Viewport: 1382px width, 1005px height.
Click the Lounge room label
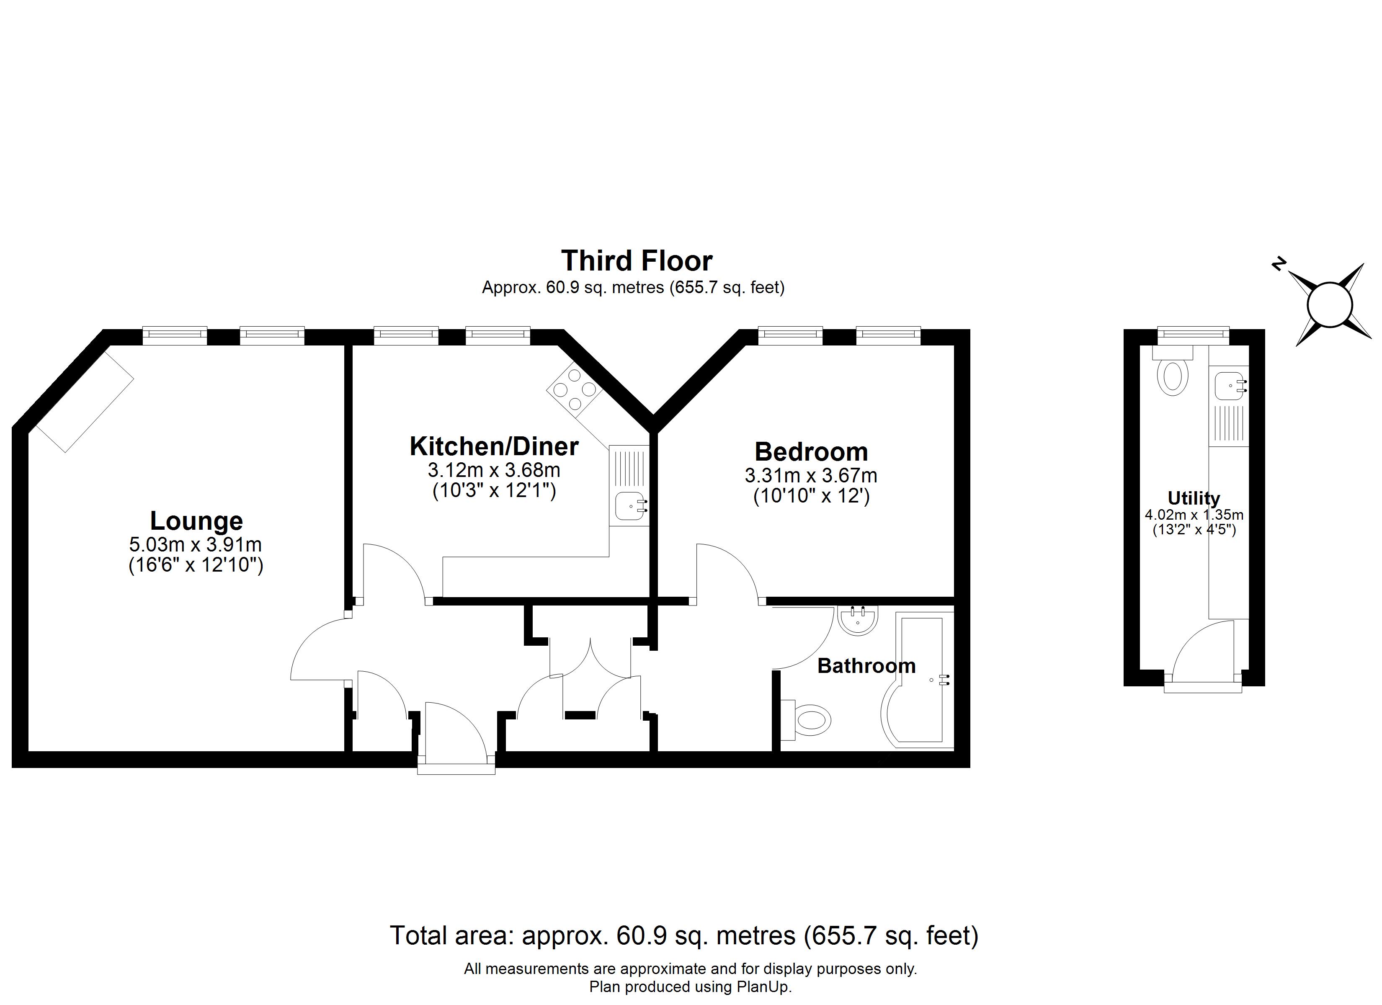click(196, 521)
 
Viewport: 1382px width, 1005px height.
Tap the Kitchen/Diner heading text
click(494, 447)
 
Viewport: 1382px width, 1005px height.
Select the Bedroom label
click(811, 451)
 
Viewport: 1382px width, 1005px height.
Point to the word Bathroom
click(866, 665)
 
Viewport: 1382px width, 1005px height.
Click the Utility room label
click(1193, 499)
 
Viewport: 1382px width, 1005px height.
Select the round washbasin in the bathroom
click(858, 621)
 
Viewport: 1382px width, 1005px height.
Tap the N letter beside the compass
click(1279, 264)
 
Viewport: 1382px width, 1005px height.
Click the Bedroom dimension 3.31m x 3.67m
click(811, 475)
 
